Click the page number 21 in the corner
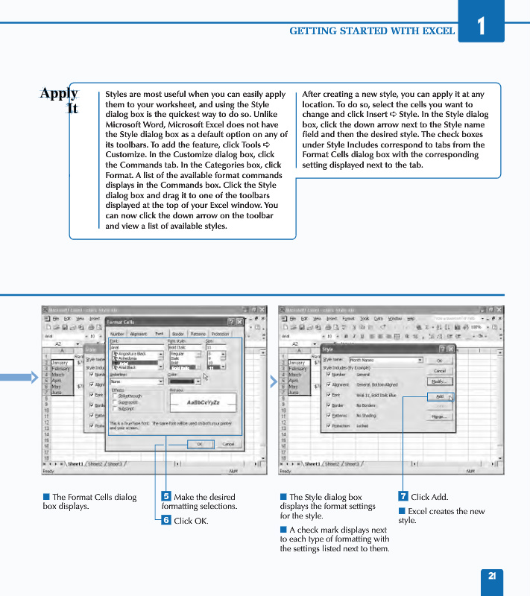click(492, 575)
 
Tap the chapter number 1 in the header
click(481, 26)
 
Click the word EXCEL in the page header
click(438, 31)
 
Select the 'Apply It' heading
click(60, 100)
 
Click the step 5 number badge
click(166, 496)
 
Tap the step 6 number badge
click(166, 520)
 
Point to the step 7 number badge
click(403, 496)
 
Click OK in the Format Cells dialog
click(199, 444)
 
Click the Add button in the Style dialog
click(440, 396)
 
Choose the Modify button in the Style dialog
click(440, 381)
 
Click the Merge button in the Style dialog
click(440, 417)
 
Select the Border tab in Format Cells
click(178, 335)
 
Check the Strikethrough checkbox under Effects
click(115, 396)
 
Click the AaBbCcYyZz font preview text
click(202, 402)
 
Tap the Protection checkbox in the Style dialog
click(329, 426)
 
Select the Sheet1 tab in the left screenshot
click(76, 463)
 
